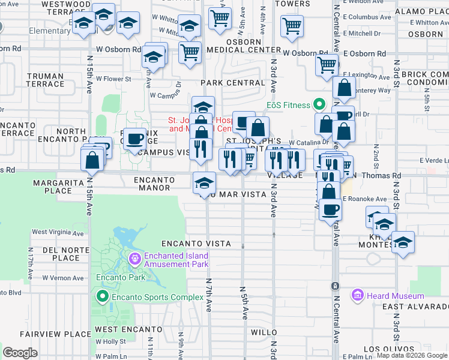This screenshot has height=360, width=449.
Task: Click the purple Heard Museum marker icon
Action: tap(358, 295)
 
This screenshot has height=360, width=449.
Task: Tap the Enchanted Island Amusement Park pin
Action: tap(136, 259)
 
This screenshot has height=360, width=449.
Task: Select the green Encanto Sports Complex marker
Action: tap(102, 296)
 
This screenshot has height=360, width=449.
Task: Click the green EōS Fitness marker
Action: tap(320, 105)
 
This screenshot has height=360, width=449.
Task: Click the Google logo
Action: tap(20, 353)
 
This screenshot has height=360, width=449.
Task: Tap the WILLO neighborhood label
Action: tap(264, 332)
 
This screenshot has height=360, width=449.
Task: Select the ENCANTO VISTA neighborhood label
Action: tap(196, 244)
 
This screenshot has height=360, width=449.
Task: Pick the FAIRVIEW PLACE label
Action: tap(46, 334)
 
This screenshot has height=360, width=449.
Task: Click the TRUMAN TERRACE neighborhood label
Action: tap(45, 80)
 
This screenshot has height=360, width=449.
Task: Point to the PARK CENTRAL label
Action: tap(233, 82)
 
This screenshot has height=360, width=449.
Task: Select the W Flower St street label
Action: tap(125, 79)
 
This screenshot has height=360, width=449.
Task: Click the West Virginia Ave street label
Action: tap(59, 232)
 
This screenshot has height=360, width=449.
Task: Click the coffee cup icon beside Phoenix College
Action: tap(135, 139)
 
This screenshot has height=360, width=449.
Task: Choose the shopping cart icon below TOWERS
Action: tap(292, 26)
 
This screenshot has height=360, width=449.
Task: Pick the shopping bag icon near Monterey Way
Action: tap(345, 88)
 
